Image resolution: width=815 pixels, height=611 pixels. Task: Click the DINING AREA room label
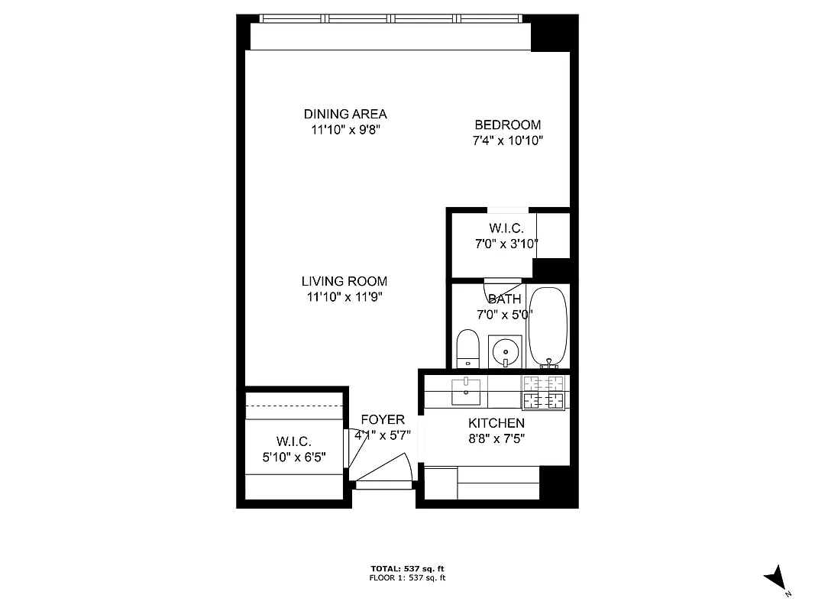click(345, 115)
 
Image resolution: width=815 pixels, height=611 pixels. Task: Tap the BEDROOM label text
click(507, 125)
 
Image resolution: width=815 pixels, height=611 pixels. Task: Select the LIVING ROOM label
click(344, 281)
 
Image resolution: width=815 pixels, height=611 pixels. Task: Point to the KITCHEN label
click(496, 423)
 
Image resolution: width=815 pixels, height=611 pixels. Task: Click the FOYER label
click(383, 420)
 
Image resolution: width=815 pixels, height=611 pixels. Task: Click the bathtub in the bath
click(548, 326)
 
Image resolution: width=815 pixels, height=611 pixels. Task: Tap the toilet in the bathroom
click(467, 348)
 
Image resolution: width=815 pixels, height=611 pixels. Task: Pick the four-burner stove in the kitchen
click(543, 393)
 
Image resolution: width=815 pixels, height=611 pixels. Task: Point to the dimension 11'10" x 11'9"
click(344, 297)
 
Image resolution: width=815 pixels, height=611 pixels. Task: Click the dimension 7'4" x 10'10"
click(507, 141)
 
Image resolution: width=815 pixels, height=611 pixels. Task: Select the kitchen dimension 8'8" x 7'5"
click(496, 438)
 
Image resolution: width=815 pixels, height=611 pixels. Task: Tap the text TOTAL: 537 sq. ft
click(407, 569)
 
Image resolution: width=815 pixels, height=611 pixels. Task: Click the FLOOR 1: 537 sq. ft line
click(407, 578)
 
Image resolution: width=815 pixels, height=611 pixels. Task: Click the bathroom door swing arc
click(493, 289)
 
